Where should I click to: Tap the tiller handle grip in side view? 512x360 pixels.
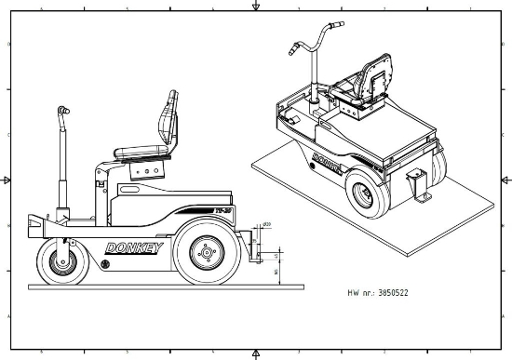63,111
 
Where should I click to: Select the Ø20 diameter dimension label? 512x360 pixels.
266,226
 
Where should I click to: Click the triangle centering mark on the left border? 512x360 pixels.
7,180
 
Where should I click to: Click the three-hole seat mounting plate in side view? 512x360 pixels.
143,170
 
